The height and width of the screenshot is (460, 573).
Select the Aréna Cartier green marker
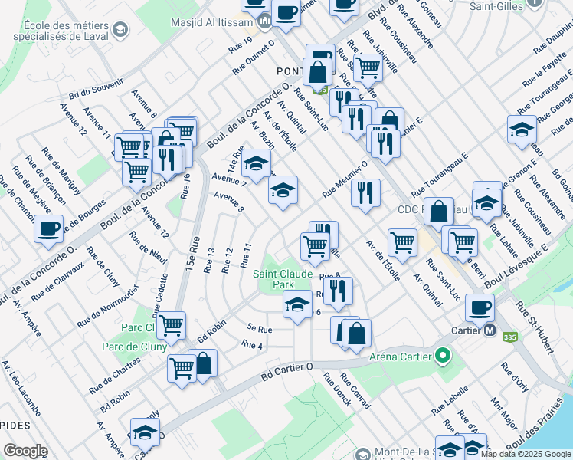pos(441,355)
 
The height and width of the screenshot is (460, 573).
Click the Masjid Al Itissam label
pos(218,19)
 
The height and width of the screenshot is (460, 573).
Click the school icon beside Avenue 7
pos(257,163)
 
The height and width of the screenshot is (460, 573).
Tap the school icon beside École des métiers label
pos(119,30)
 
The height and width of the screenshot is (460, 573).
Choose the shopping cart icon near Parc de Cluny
pos(172,324)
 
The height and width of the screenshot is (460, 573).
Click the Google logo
pos(25,450)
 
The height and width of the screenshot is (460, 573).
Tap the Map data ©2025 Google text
pos(526,454)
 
